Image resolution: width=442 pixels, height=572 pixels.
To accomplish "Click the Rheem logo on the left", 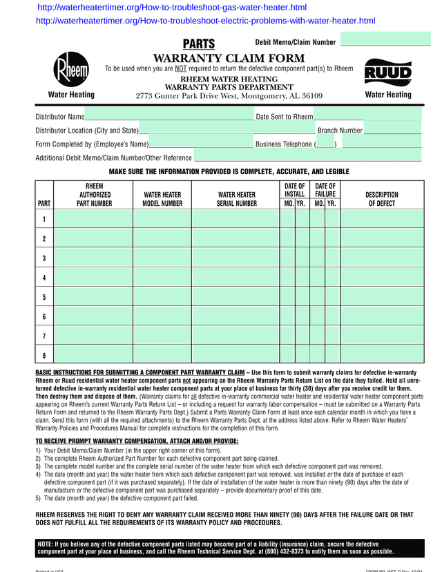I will [71, 70].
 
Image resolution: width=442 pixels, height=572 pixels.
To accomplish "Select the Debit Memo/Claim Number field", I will [381, 41].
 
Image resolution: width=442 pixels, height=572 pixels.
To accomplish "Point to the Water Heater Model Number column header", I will [162, 200].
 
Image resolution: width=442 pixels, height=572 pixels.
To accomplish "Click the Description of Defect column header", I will [382, 200].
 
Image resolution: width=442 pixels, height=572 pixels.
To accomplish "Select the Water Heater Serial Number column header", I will [237, 200].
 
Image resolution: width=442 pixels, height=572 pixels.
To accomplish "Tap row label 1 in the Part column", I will [44, 220].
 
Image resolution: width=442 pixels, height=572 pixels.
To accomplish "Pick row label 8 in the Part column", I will [44, 356].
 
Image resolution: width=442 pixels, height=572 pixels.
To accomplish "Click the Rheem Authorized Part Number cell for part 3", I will [93, 258].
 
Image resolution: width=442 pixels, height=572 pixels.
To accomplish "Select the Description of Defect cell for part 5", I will [382, 297].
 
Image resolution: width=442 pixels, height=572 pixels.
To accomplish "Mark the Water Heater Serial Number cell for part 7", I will [236, 336].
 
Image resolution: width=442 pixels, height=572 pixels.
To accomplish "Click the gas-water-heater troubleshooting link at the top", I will [172, 8].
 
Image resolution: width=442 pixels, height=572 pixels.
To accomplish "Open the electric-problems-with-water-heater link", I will [205, 21].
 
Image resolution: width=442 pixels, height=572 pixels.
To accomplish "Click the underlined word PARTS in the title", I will [199, 44].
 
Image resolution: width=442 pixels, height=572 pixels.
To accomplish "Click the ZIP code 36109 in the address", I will [309, 96].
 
